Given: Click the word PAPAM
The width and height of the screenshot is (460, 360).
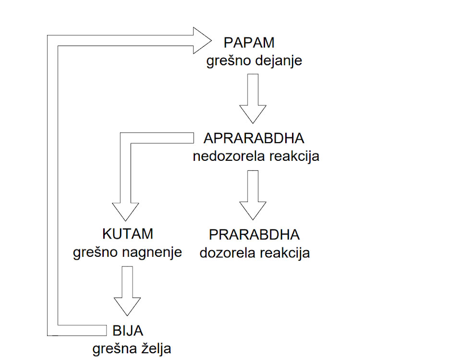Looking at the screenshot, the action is click(x=249, y=43).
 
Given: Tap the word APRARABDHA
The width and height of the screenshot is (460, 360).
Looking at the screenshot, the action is click(x=254, y=138).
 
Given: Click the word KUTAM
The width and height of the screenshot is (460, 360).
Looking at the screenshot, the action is click(x=128, y=234).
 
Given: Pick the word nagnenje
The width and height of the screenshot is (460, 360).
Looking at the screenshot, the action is click(x=152, y=252).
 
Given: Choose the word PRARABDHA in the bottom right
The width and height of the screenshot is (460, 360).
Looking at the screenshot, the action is click(x=254, y=235).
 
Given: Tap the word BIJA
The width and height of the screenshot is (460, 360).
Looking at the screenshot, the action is click(x=128, y=331).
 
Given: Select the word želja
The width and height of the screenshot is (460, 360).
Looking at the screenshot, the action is click(x=157, y=348).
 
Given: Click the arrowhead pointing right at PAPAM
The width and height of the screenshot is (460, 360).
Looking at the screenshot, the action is click(x=202, y=40).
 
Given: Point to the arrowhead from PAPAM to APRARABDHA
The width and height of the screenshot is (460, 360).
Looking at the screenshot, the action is click(x=253, y=114).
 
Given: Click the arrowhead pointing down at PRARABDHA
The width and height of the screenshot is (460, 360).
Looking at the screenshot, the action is click(x=253, y=211).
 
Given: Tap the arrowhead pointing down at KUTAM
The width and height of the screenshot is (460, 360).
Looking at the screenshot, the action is click(x=125, y=212).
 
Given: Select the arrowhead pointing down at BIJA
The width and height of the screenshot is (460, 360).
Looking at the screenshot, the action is click(x=127, y=307).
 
